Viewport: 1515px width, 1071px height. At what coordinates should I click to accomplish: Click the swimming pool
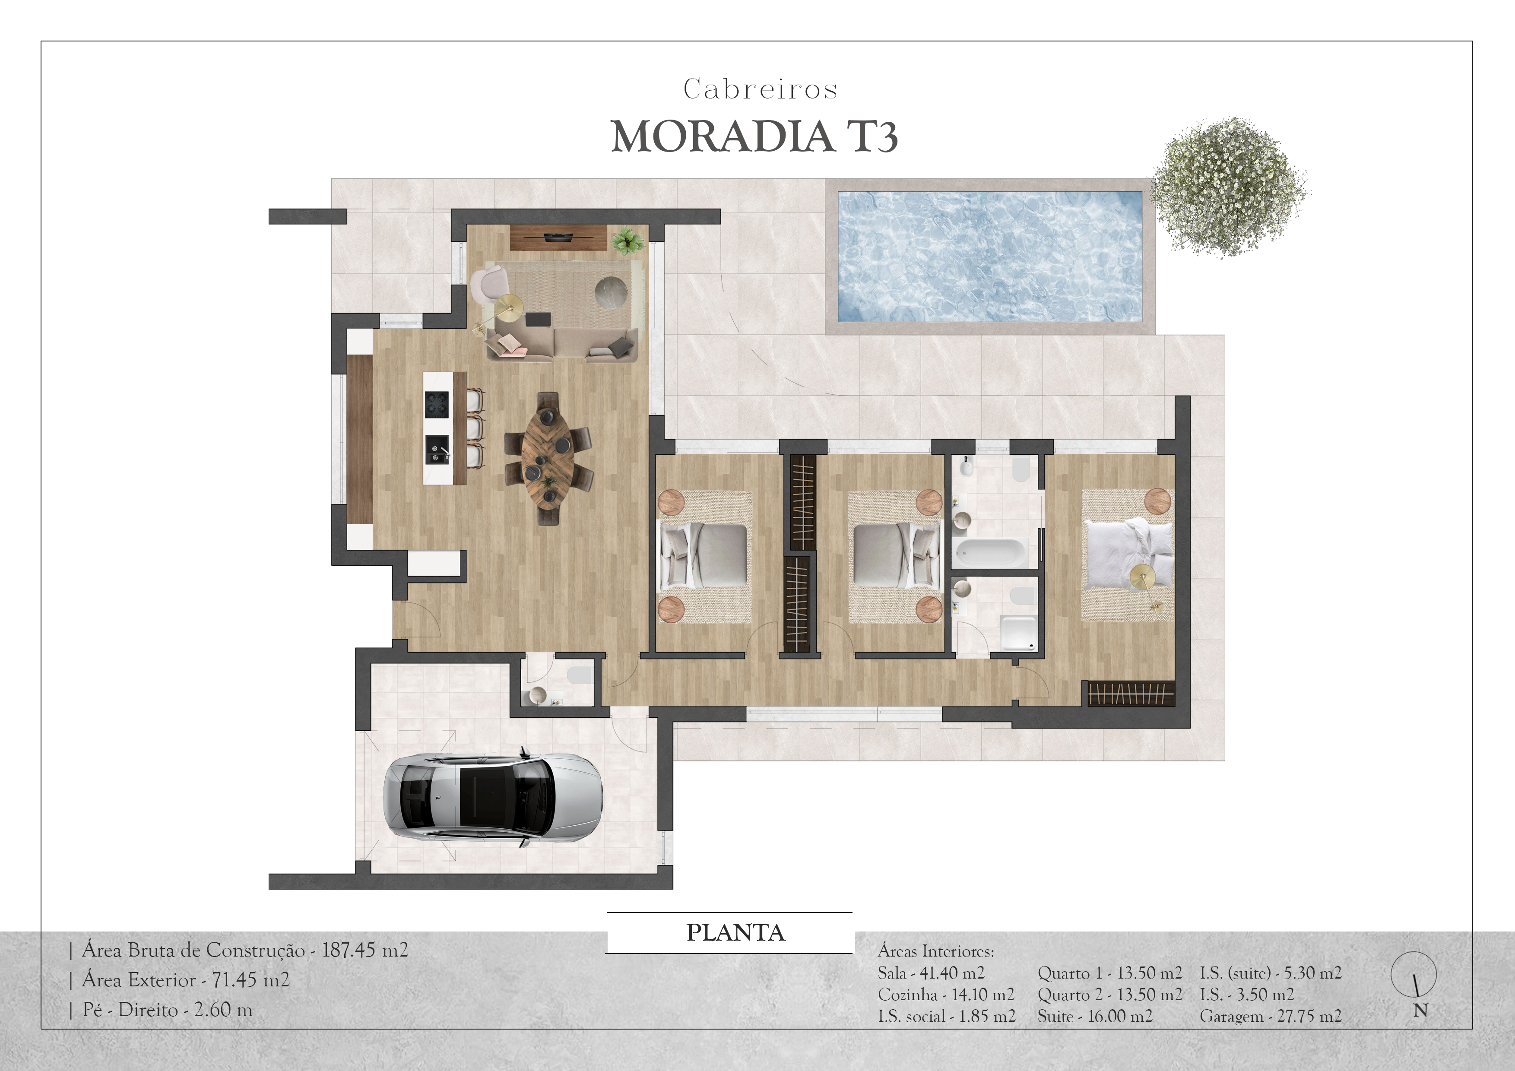[990, 256]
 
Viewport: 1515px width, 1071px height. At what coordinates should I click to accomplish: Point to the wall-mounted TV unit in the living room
[558, 237]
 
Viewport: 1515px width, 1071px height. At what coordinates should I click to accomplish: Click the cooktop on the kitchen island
[437, 404]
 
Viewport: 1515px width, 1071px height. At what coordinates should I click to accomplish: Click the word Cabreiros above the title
[760, 89]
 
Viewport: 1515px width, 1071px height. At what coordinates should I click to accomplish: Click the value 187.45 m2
[365, 950]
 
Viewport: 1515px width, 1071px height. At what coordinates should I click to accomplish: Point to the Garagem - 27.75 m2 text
[1270, 1016]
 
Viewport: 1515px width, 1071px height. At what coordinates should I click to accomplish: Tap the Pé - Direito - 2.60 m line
[167, 1010]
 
